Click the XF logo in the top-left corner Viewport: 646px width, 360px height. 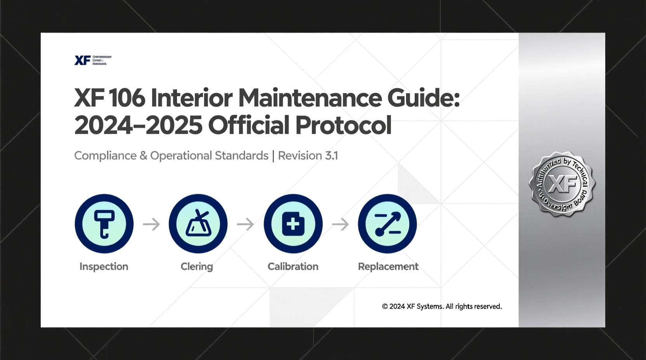(x=82, y=60)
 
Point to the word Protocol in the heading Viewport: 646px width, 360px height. (x=343, y=125)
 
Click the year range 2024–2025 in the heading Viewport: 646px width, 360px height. (x=138, y=125)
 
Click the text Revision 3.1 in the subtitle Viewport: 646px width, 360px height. (x=308, y=156)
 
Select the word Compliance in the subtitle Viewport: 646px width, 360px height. (x=105, y=156)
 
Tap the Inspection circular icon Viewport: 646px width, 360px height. (x=104, y=224)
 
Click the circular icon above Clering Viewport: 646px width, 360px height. (x=198, y=224)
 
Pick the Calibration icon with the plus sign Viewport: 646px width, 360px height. (x=293, y=224)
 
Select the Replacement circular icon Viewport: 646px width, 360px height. (x=387, y=224)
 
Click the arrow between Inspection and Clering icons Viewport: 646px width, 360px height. (x=151, y=224)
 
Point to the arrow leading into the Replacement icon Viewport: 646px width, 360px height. (x=340, y=224)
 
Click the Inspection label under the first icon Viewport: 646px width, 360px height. (x=104, y=267)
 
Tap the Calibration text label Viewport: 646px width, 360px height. (x=293, y=267)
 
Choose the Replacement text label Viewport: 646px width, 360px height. (x=388, y=267)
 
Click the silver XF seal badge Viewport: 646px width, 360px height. (x=562, y=184)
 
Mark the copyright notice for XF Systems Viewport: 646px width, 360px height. (x=442, y=306)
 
